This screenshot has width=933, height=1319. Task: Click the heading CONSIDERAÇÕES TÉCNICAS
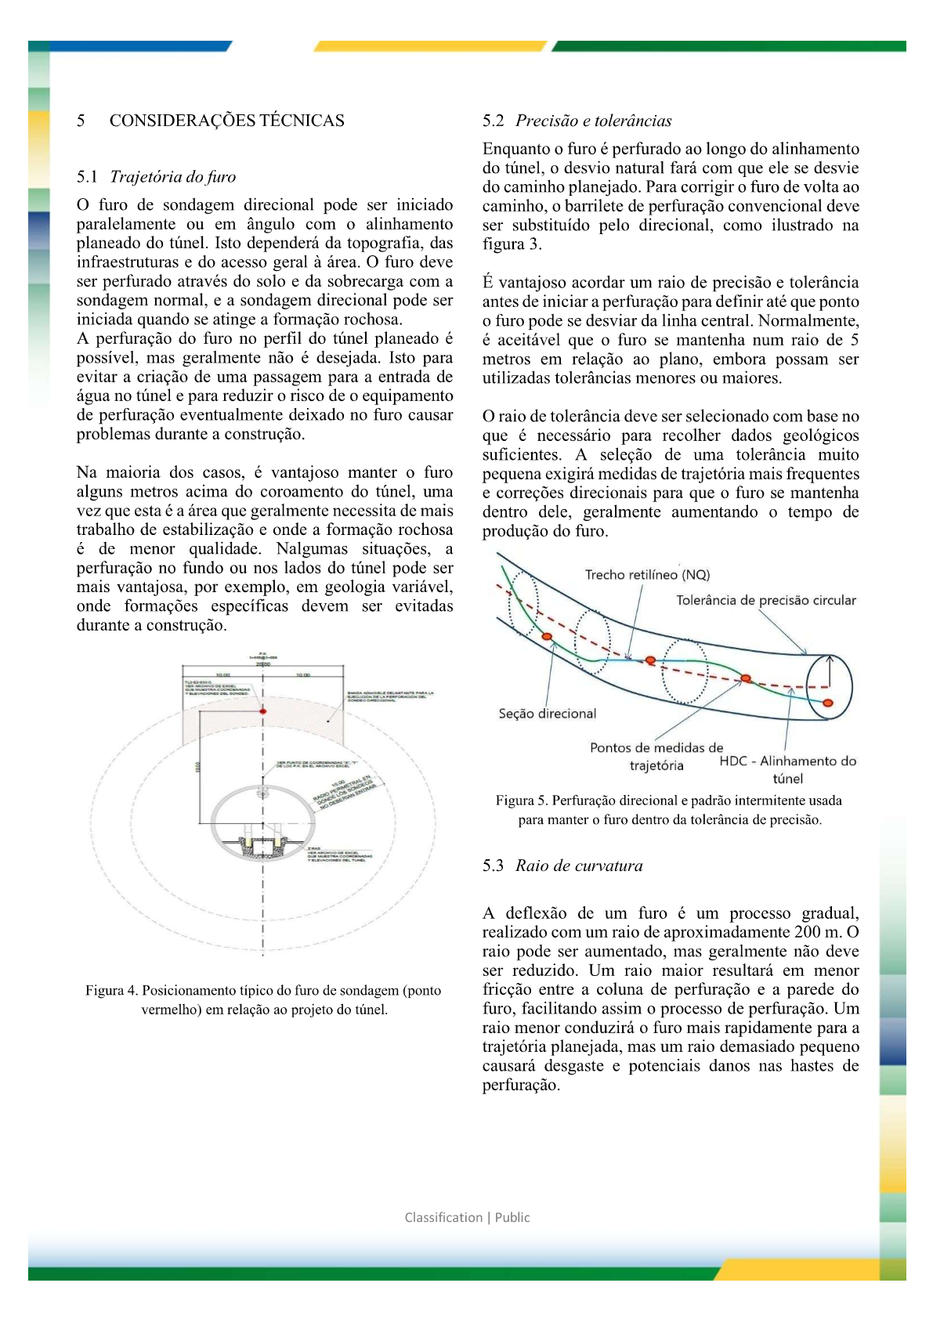[x=226, y=121]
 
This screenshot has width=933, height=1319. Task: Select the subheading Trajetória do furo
[x=172, y=177]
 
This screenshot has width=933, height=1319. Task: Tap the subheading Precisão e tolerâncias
[x=593, y=121]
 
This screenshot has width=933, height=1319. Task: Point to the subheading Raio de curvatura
[x=579, y=866]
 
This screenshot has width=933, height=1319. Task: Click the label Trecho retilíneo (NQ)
[x=647, y=575]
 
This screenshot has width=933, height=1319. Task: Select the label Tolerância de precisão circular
[x=765, y=601]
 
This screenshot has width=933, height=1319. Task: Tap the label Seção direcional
[x=547, y=714]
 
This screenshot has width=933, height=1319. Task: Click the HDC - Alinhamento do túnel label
[x=787, y=769]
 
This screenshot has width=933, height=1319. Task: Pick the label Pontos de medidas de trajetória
[x=656, y=757]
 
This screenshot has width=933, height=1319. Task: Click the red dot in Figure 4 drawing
[x=263, y=710]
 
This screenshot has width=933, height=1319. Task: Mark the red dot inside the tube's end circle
[x=827, y=703]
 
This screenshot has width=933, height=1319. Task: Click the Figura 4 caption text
[x=263, y=1000]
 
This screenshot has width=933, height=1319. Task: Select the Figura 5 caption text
[x=669, y=810]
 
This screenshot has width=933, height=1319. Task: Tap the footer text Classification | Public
[x=467, y=1217]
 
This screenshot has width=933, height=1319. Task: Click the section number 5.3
[x=493, y=866]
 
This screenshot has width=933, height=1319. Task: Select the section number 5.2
[x=493, y=121]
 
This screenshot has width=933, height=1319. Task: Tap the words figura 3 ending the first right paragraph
[x=510, y=244]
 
